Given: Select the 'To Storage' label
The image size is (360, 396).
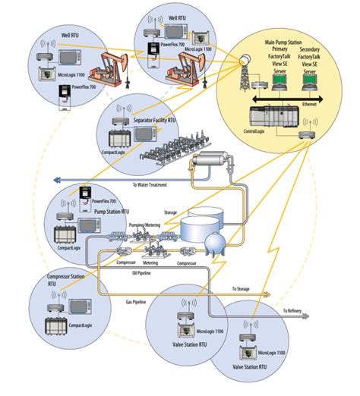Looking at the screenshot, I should point(245,289).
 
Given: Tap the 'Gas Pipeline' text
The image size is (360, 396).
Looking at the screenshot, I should point(135,302).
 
